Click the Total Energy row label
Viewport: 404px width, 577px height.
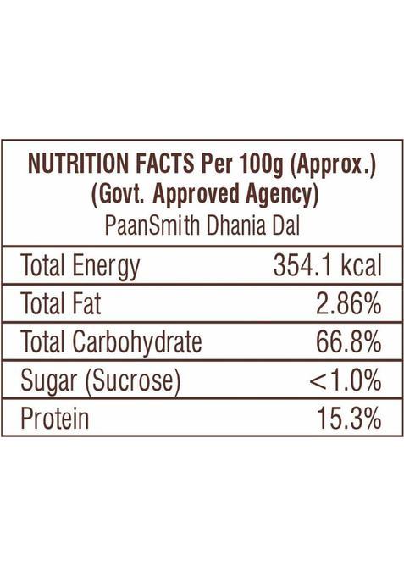[x=80, y=267]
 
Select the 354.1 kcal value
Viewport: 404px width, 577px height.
[x=327, y=266]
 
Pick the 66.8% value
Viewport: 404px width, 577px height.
[x=347, y=342]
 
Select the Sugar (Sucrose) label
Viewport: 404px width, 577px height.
[x=101, y=381]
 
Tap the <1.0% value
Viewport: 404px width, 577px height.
[x=344, y=381]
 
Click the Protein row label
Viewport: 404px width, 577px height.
[x=54, y=419]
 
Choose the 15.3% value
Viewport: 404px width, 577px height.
[x=347, y=419]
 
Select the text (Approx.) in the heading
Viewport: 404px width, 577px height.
[x=333, y=164]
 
